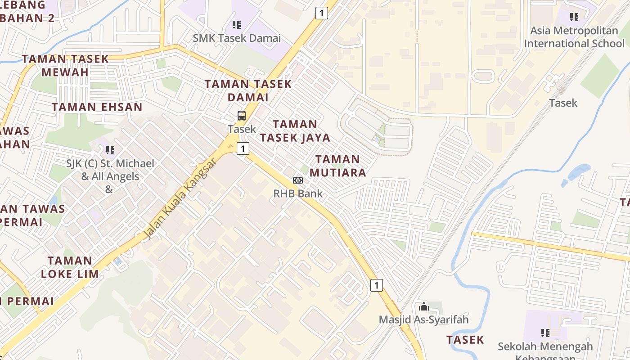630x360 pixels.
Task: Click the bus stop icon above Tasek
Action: point(242,116)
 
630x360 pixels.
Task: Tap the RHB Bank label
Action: point(298,193)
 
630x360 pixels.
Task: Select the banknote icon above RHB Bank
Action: point(298,180)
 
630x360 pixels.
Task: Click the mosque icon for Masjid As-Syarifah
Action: point(423,307)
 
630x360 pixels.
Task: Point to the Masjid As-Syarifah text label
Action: point(423,319)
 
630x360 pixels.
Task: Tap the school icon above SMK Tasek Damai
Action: point(236,25)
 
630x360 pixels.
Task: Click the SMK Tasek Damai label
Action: point(237,38)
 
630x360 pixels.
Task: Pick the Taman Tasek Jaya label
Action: point(295,130)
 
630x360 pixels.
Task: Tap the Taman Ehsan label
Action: point(97,107)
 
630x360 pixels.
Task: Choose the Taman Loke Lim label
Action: point(70,267)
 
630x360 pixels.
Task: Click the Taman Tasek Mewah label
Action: point(65,65)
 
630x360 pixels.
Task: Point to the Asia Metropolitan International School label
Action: point(574,37)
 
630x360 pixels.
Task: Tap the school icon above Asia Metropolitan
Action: point(574,17)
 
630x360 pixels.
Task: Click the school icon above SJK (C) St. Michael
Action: point(110,150)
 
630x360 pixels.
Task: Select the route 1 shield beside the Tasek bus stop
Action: point(243,148)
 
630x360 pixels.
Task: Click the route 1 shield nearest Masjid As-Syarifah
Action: point(377,285)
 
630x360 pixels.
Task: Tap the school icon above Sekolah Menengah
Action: point(545,333)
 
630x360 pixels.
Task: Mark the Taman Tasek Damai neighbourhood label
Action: point(248,90)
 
